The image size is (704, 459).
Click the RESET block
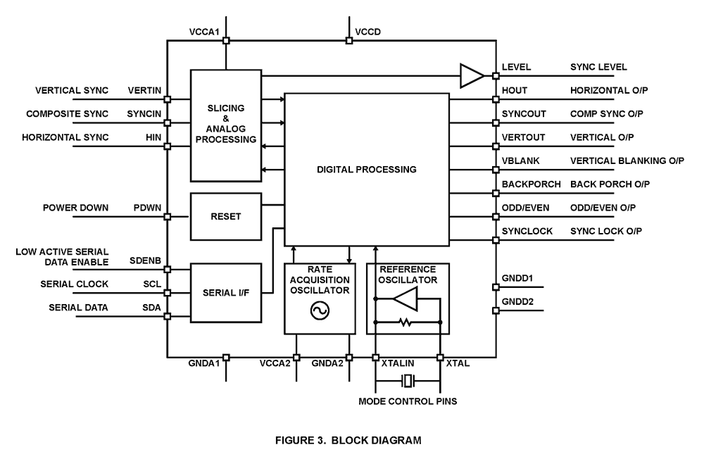225,216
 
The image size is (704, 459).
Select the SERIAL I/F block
225,292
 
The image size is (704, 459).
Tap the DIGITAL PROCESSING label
366,170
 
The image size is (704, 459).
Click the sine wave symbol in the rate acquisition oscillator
319,310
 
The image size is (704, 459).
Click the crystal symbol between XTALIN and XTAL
408,382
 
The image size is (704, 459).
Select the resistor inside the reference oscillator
406,322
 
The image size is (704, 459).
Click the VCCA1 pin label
204,33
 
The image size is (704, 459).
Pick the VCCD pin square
349,41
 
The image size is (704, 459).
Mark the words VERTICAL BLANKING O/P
627,161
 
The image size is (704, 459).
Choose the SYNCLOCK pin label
527,231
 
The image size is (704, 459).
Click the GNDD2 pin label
517,301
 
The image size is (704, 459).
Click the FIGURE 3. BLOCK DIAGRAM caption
349,441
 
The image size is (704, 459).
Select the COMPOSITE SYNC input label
68,114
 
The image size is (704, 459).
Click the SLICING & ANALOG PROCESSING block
225,124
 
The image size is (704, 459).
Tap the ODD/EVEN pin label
526,208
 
